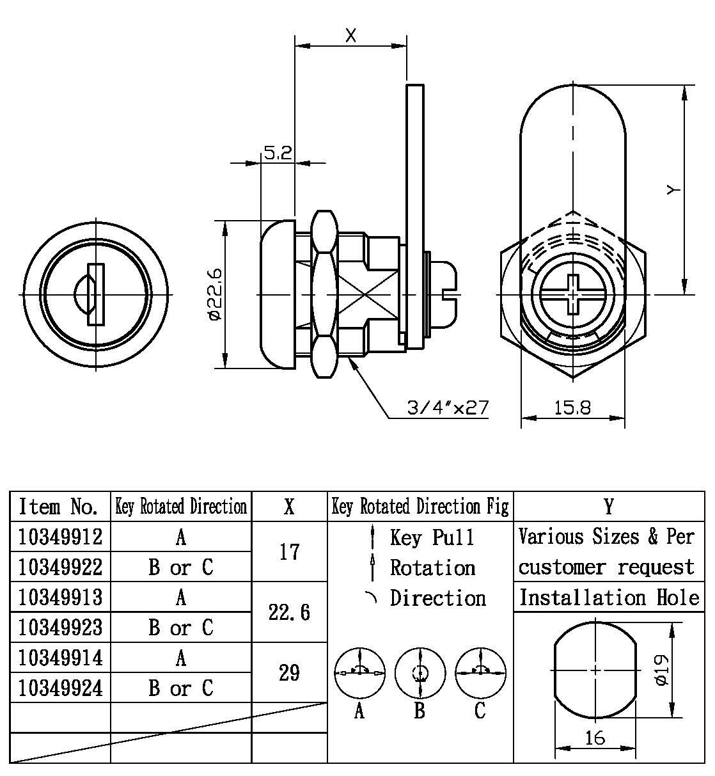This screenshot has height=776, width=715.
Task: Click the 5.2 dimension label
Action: [x=278, y=153]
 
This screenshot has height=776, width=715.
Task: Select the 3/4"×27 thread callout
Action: [x=448, y=408]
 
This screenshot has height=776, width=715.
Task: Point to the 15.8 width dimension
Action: [x=572, y=408]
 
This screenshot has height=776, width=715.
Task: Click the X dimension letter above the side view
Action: [x=350, y=36]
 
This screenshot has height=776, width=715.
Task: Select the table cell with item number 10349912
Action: [x=60, y=536]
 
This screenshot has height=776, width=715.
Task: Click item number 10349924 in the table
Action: [x=60, y=688]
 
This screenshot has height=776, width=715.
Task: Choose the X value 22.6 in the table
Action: [x=289, y=612]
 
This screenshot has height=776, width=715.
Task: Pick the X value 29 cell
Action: [x=289, y=672]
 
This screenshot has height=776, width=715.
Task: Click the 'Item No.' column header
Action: [x=59, y=507]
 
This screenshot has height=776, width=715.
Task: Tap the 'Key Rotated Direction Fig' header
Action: [x=420, y=507]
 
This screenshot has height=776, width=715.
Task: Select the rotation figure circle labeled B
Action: [x=420, y=673]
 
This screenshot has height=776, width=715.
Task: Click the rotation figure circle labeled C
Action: [x=480, y=673]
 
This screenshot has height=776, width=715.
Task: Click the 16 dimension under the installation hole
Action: [x=594, y=738]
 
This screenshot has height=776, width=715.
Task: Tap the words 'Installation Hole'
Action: [x=608, y=598]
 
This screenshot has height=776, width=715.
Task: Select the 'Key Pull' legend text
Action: [x=432, y=537]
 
